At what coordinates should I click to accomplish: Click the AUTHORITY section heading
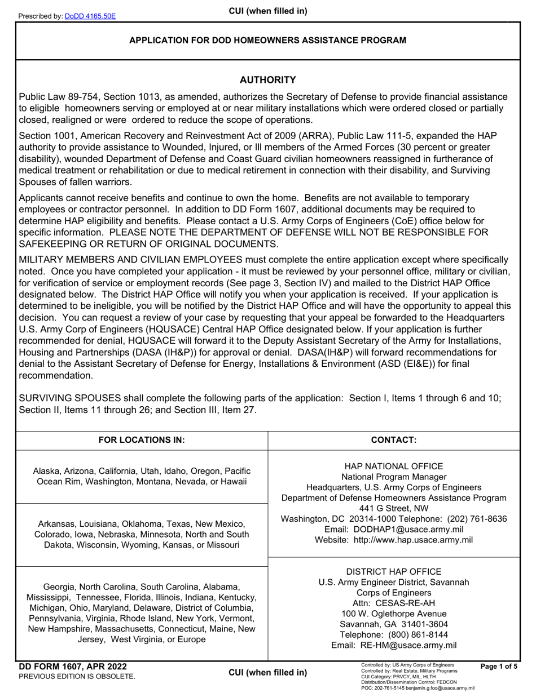click(x=268, y=80)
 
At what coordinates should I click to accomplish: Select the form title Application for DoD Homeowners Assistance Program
click(x=268, y=40)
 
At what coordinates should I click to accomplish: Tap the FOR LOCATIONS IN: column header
click(x=142, y=440)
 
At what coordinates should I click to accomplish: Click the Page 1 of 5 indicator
click(x=499, y=667)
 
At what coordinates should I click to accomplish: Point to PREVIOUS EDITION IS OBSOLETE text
click(x=77, y=676)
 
